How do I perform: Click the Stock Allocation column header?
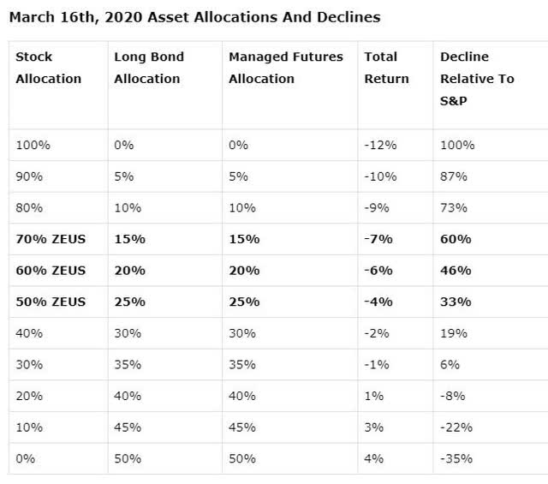tap(48, 68)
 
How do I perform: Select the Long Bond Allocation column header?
tap(148, 68)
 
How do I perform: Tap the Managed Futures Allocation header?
tap(286, 68)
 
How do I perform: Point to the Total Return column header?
tap(386, 68)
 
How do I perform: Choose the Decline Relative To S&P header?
tap(477, 79)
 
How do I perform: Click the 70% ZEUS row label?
tap(51, 239)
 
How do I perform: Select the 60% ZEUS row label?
tap(51, 270)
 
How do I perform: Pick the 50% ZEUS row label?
tap(51, 302)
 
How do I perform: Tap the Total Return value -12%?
tap(380, 145)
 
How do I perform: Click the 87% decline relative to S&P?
tap(453, 176)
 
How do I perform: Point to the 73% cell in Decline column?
tap(453, 207)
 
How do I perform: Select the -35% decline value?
tap(456, 458)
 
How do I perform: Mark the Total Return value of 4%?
tap(373, 458)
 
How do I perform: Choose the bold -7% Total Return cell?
tap(378, 239)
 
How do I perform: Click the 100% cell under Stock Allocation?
tap(33, 145)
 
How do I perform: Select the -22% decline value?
tap(456, 427)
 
